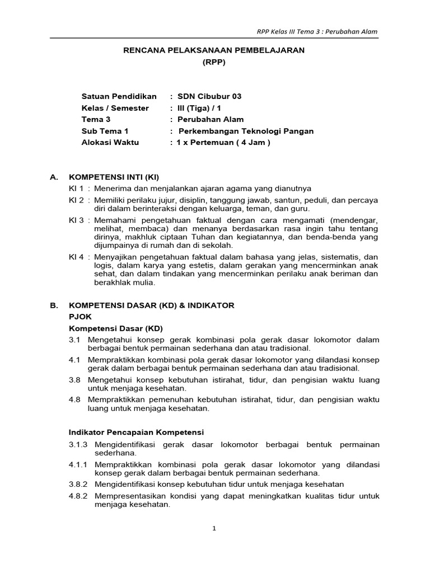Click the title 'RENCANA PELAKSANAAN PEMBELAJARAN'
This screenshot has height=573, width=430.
(x=213, y=50)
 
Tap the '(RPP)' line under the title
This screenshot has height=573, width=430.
(x=213, y=62)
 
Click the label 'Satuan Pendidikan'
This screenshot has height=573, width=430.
(x=119, y=96)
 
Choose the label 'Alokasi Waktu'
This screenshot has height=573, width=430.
(x=110, y=143)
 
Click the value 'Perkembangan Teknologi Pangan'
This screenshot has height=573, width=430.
(x=246, y=131)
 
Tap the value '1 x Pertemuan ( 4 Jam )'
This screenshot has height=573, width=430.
(x=223, y=143)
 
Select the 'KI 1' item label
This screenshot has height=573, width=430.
(x=76, y=188)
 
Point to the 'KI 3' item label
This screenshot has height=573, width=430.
(x=76, y=220)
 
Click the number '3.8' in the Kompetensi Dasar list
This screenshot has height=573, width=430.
(x=75, y=380)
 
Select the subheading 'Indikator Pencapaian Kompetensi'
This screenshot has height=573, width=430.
(x=136, y=433)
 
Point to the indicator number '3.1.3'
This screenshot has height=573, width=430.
(x=79, y=444)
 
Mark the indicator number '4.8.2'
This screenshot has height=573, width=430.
(x=79, y=496)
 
